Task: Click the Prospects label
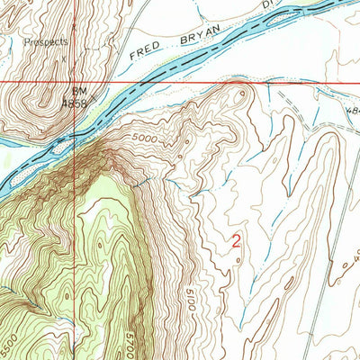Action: (x=46, y=41)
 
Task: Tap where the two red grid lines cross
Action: (x=71, y=83)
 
